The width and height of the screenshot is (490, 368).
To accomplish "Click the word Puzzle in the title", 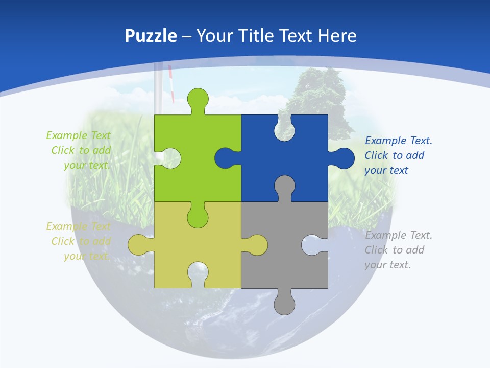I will point(151,36).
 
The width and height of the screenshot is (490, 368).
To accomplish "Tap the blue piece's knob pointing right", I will point(344,158).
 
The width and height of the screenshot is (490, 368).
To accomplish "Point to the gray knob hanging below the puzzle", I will point(284,304).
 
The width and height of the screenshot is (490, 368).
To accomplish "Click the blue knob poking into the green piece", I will point(225,158).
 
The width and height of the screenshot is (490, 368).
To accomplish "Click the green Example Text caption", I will point(79,150).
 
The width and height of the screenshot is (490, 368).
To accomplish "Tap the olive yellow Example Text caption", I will point(79,241).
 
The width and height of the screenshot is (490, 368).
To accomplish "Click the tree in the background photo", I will point(319,95).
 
